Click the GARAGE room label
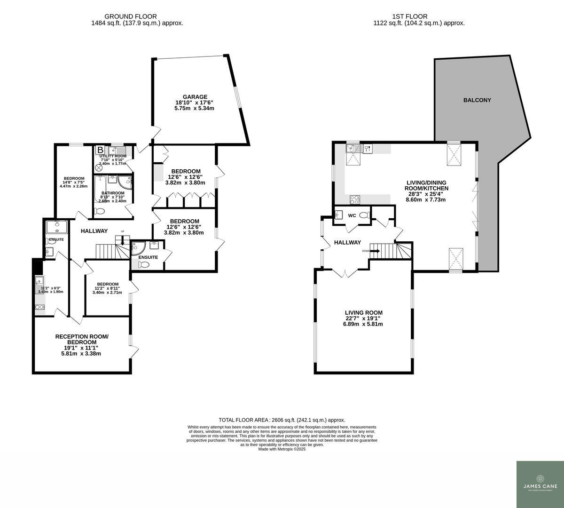click(x=195, y=97)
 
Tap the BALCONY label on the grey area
click(x=477, y=100)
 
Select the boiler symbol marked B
click(x=100, y=151)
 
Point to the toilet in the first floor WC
click(x=363, y=215)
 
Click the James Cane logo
click(x=540, y=484)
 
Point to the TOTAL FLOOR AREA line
click(x=282, y=420)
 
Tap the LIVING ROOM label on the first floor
click(x=363, y=312)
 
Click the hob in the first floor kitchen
click(x=354, y=199)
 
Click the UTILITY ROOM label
click(x=113, y=156)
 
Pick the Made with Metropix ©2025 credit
click(x=282, y=449)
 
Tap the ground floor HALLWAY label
click(x=94, y=231)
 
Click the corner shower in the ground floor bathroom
click(x=125, y=183)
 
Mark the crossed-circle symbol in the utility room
click(x=99, y=167)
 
